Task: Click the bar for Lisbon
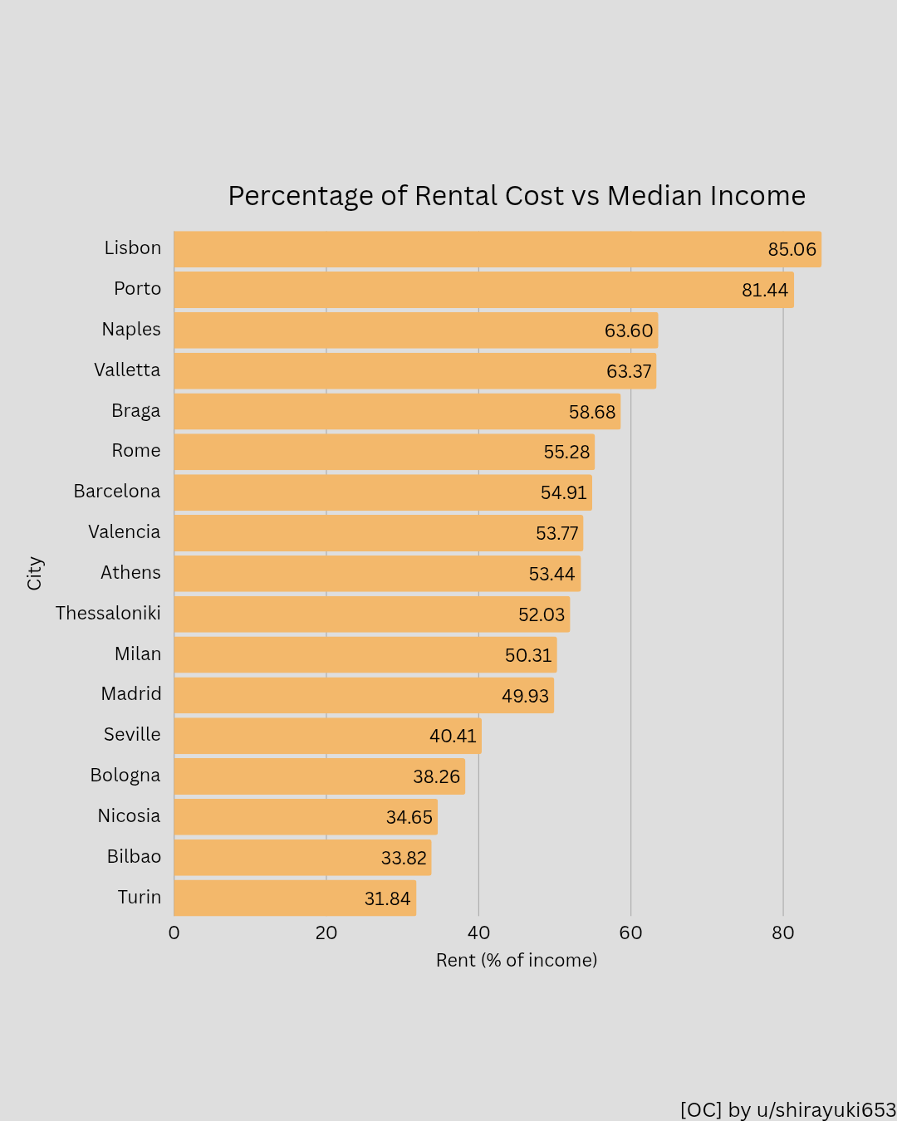click(497, 249)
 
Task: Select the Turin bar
click(295, 898)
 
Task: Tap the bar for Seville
click(327, 736)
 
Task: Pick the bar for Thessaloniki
click(371, 614)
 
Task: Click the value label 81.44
click(764, 290)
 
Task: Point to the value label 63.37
click(629, 371)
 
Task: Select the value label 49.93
click(525, 696)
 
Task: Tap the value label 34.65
click(409, 817)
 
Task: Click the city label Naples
click(131, 330)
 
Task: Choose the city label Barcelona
click(117, 492)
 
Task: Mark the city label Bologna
click(125, 776)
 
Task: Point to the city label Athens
click(130, 573)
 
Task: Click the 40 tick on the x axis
click(478, 933)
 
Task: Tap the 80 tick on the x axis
click(782, 933)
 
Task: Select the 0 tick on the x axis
click(174, 933)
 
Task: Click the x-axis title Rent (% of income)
click(517, 961)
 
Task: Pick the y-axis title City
click(35, 573)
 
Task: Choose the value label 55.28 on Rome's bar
click(566, 453)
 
